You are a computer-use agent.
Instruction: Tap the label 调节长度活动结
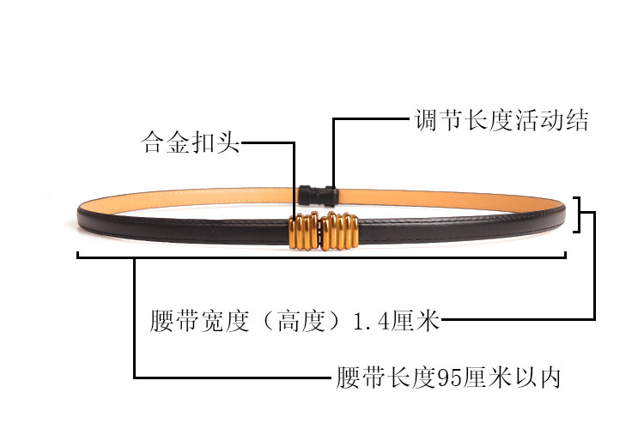point(502,120)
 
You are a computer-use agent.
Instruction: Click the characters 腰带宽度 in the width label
point(199,323)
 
